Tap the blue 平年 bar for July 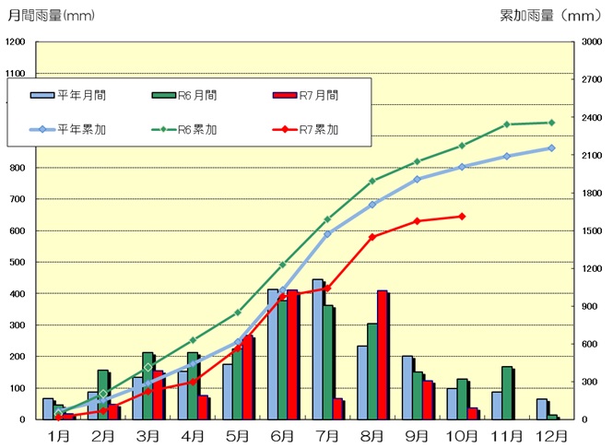pyautogui.click(x=317, y=349)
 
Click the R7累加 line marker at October pyautogui.click(x=462, y=217)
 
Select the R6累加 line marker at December pyautogui.click(x=551, y=123)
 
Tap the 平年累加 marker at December pyautogui.click(x=551, y=147)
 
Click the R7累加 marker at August pyautogui.click(x=372, y=237)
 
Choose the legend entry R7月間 pyautogui.click(x=307, y=95)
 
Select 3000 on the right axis pyautogui.click(x=590, y=43)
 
